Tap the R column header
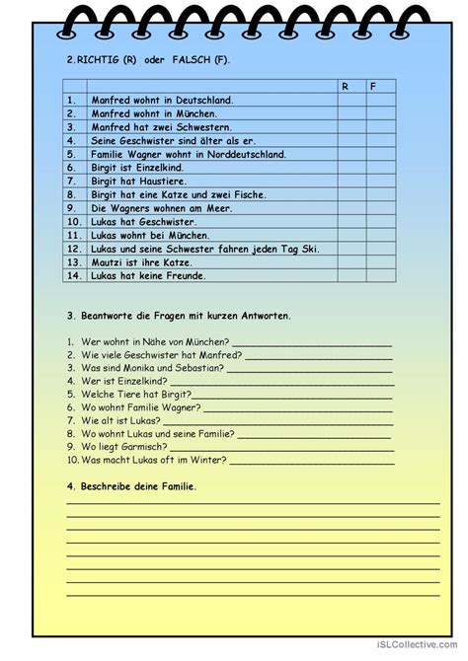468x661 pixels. coord(346,87)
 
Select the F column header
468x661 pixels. coord(373,87)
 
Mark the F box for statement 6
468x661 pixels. coord(380,168)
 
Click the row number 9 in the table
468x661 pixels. coord(71,208)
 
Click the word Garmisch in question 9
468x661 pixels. coord(151,446)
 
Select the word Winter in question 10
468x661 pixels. coord(205,459)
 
